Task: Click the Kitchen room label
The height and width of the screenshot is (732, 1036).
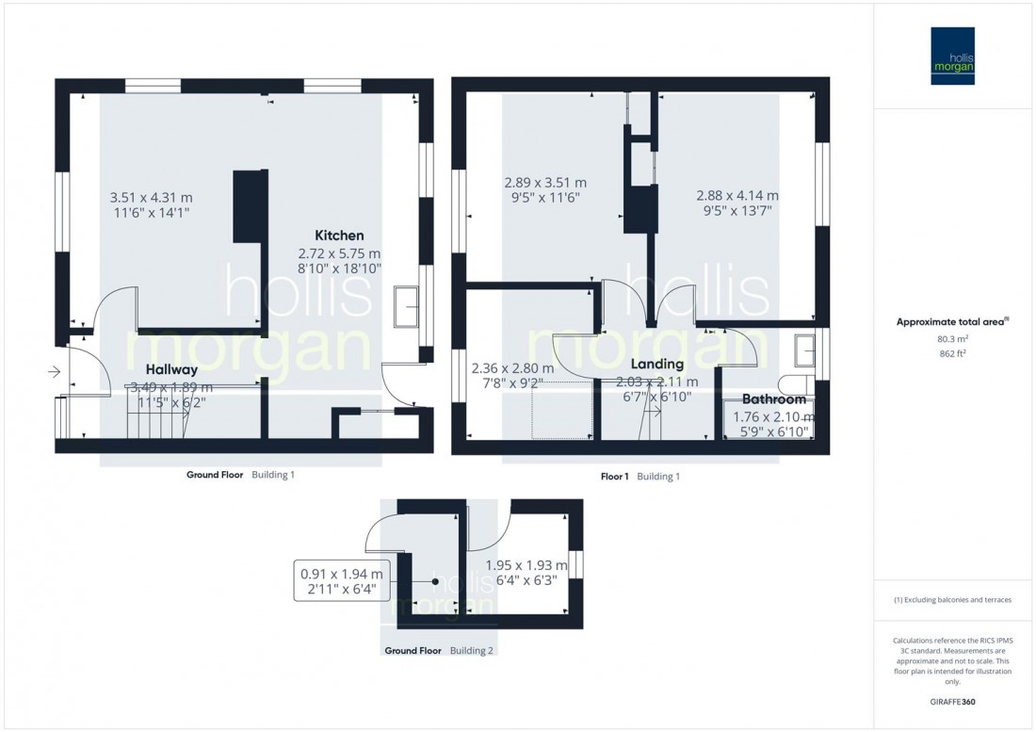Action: pyautogui.click(x=339, y=235)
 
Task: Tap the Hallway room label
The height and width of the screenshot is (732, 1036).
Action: pyautogui.click(x=170, y=369)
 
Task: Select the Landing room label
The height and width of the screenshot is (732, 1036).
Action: pyautogui.click(x=657, y=364)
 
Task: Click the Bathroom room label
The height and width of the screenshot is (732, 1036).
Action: pyautogui.click(x=774, y=399)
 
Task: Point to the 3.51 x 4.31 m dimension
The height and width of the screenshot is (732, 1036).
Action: pyautogui.click(x=151, y=198)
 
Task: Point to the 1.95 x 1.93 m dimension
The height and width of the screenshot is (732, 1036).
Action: pyautogui.click(x=526, y=565)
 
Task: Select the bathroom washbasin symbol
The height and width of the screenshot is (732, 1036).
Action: pyautogui.click(x=807, y=350)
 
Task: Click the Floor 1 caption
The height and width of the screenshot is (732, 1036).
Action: pyautogui.click(x=614, y=477)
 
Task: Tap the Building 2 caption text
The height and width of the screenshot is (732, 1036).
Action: pyautogui.click(x=472, y=651)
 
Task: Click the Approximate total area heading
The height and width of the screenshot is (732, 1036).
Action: pyautogui.click(x=953, y=321)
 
